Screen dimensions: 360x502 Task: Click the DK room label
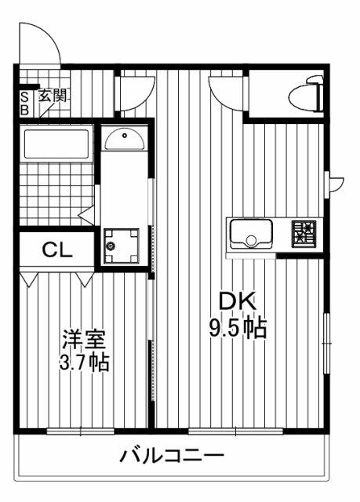238,301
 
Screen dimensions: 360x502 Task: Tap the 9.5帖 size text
238,328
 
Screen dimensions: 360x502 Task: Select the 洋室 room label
84,339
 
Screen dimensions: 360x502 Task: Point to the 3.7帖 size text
84,362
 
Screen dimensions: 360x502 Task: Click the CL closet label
57,249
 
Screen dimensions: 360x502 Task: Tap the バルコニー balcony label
172,456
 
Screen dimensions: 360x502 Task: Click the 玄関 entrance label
53,96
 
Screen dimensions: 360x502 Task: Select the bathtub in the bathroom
56,144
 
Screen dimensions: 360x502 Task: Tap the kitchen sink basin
251,234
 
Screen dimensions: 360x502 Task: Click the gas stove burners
304,234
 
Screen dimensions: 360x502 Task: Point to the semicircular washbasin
125,139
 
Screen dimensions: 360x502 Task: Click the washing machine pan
121,246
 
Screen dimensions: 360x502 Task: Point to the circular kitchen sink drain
251,240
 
